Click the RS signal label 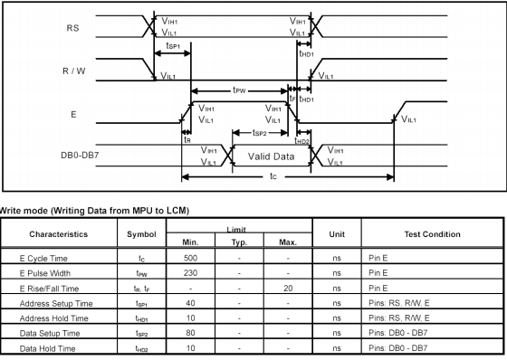tap(72, 27)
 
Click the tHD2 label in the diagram tap(302, 140)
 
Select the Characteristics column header tap(59, 233)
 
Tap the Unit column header tap(337, 233)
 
